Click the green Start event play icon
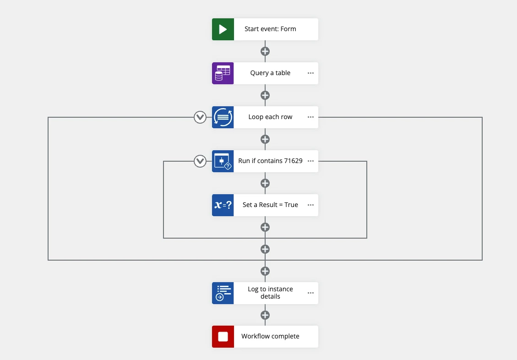pos(223,29)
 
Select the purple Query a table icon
pos(223,73)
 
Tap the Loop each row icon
pos(223,117)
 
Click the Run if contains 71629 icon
pos(223,161)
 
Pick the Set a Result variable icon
pos(223,205)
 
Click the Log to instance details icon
pos(223,293)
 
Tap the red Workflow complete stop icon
pos(223,337)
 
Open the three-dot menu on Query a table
pos(310,73)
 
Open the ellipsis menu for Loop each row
pos(310,117)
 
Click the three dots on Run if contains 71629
pos(310,161)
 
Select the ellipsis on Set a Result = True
pos(310,205)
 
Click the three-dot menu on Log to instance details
pos(310,293)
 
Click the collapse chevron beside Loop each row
pos(200,117)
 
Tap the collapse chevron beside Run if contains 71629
pos(200,161)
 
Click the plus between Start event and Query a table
pos(265,51)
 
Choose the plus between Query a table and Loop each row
pos(265,95)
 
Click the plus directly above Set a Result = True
pos(265,183)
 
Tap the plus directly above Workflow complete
pos(265,315)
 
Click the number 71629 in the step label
pos(293,161)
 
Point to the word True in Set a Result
pos(291,205)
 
